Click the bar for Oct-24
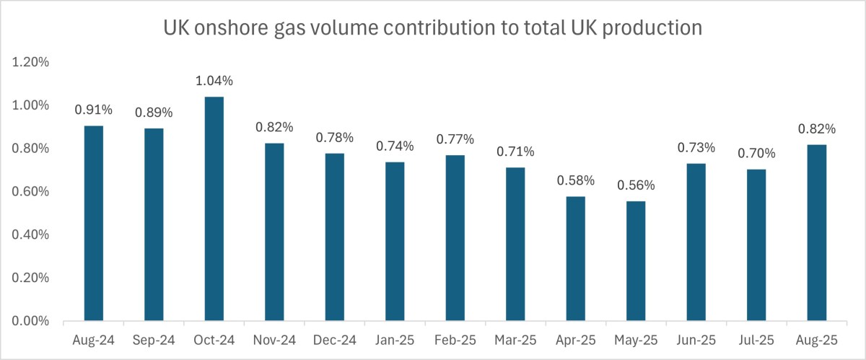click(214, 209)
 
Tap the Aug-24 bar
click(94, 224)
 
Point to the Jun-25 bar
click(696, 242)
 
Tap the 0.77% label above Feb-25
click(455, 139)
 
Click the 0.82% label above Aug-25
click(816, 129)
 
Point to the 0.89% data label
click(154, 113)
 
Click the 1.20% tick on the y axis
click(31, 62)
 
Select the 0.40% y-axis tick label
click(31, 234)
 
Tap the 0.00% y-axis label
click(31, 321)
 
